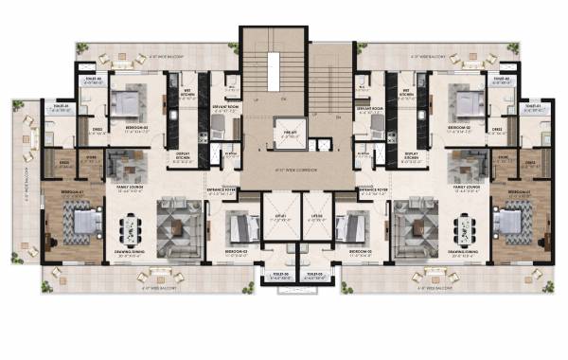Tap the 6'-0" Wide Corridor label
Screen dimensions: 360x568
[x=284, y=170]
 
